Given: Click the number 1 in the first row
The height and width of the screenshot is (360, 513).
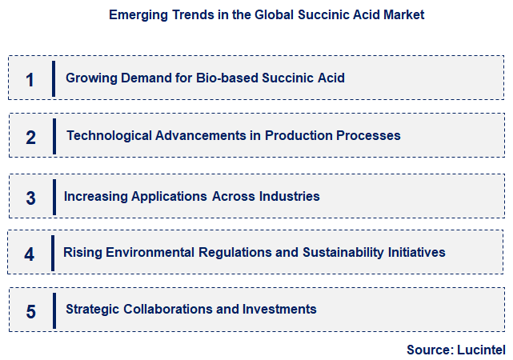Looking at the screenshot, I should (30, 80).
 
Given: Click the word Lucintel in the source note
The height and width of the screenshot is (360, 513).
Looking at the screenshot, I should (481, 350).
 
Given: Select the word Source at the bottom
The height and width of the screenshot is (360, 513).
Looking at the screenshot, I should (429, 350).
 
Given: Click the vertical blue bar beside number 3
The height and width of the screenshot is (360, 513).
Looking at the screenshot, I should (54, 197).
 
